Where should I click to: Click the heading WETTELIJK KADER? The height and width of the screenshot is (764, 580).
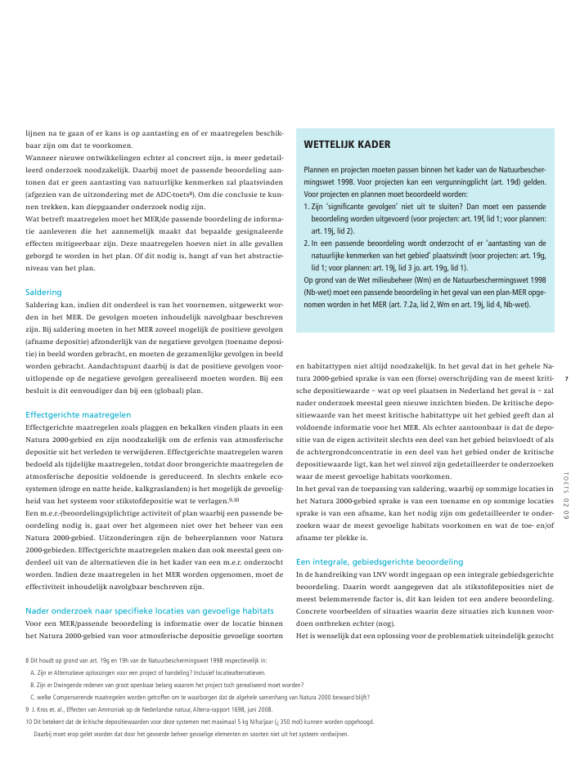pos(347,145)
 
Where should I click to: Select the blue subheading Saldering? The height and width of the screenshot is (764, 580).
pos(43,292)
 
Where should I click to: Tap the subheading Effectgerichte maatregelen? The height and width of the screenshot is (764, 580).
pos(78,414)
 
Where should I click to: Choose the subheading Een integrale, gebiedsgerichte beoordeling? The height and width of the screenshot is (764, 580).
pos(379,562)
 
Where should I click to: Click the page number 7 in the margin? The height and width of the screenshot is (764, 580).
pos(566,378)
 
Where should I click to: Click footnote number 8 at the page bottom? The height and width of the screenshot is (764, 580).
pos(28,659)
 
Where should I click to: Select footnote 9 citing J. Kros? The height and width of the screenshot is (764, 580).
pos(28,709)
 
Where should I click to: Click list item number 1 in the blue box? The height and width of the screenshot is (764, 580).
pos(307,208)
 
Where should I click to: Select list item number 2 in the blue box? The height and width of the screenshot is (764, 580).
pos(307,243)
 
